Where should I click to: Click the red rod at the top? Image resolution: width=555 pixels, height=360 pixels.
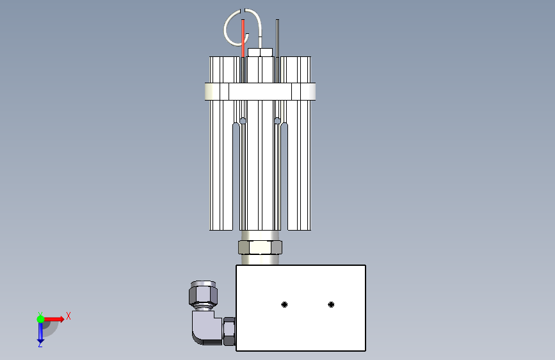point(243,38)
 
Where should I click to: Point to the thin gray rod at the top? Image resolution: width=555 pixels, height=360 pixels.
point(278,38)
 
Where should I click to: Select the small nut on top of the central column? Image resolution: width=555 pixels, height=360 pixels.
point(260,53)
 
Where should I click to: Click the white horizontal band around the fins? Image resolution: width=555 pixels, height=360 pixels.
point(260,92)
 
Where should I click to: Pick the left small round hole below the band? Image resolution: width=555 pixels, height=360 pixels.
point(243,121)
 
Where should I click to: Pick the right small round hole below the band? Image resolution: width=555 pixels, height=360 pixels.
point(278,121)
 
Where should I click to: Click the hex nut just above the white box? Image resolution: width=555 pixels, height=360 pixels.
point(260,247)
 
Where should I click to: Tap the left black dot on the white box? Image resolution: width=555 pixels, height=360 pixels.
point(284,304)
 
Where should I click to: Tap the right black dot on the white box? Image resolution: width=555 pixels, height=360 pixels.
point(332,304)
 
